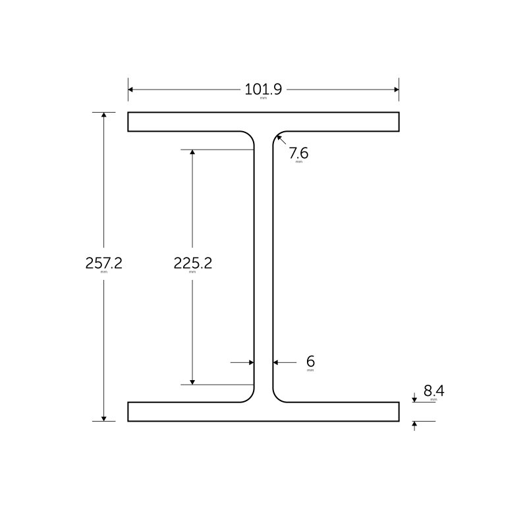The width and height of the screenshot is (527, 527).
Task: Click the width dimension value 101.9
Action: [x=263, y=89]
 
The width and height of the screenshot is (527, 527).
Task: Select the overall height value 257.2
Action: [x=103, y=263]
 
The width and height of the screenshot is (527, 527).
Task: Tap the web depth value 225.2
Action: [x=192, y=263]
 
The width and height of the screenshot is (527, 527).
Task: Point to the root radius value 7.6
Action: [x=298, y=153]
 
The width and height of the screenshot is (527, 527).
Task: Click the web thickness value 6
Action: [x=310, y=361]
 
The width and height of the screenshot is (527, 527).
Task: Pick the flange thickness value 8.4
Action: [x=433, y=391]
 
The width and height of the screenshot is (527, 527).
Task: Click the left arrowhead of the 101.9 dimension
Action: [x=132, y=90]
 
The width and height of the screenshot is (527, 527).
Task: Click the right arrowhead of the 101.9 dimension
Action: [x=395, y=90]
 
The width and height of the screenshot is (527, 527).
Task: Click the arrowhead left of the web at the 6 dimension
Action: [x=250, y=362]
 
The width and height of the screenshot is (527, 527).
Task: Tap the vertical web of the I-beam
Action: [x=263, y=263]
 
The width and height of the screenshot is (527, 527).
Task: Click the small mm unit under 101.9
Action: [x=263, y=97]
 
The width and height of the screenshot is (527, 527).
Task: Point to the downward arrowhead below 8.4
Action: [x=414, y=398]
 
